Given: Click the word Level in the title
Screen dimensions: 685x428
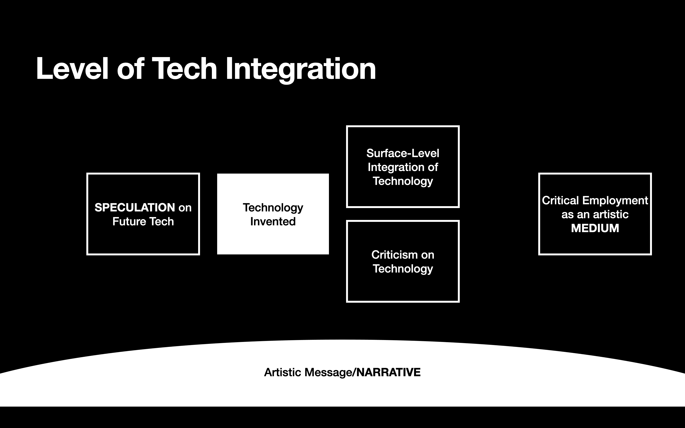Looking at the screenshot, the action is (72, 69).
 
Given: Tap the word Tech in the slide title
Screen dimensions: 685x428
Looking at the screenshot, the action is (184, 69).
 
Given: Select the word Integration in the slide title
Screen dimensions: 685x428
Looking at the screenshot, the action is (301, 70).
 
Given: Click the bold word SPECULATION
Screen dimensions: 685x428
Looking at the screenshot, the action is (135, 208).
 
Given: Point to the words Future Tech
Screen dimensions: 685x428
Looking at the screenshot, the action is (143, 221).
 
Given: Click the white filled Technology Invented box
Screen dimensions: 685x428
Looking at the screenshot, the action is (273, 214).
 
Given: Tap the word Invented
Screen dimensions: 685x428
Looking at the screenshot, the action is (273, 221).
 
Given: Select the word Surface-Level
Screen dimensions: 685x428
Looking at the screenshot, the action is (403, 153).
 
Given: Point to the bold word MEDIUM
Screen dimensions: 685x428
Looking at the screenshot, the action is (595, 228).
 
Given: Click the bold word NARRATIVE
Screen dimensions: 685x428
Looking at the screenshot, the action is (388, 372).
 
